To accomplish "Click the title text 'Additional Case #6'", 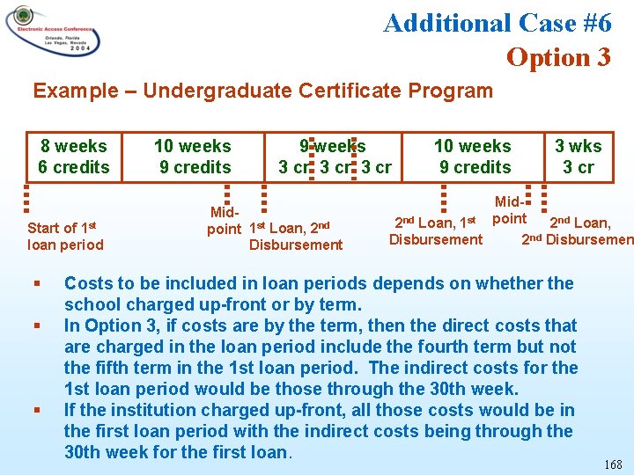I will coord(498,23).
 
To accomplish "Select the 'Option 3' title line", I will coord(558,57).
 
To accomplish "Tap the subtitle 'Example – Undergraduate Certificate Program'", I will coord(262,90).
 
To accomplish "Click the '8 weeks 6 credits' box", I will coord(73,157).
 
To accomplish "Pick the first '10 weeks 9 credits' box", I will coord(193,157).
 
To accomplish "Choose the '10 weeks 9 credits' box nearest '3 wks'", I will coord(473,157).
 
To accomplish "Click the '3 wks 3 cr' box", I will coord(579,157).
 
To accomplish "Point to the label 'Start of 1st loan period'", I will coord(65,237).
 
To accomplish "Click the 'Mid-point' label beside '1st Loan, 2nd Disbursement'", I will coord(224,221).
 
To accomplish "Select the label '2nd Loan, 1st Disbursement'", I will coord(436,230).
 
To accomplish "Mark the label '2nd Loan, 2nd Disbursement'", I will coord(578,230).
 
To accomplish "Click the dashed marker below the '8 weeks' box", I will coord(26,194).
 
